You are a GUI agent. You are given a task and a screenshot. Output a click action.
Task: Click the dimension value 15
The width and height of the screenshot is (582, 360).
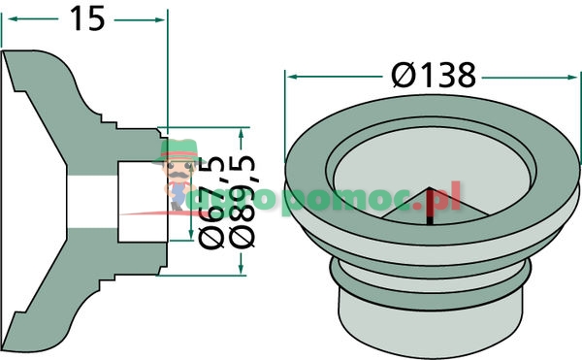click(85, 19)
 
